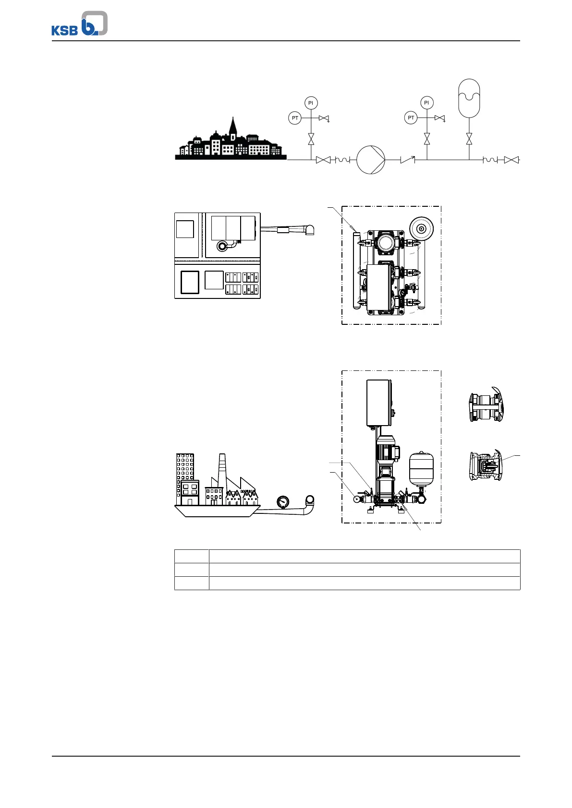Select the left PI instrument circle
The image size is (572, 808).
[311, 103]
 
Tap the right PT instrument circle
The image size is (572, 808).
[411, 118]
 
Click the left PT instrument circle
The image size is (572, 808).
[295, 118]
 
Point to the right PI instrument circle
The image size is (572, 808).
[426, 103]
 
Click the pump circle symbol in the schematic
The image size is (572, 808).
[371, 160]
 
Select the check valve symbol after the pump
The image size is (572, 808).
[407, 160]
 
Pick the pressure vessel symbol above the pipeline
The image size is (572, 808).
[469, 98]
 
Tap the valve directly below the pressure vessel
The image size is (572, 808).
[469, 139]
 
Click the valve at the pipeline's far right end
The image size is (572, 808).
[511, 160]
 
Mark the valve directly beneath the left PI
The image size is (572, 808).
[311, 139]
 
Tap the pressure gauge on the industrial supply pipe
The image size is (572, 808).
[283, 502]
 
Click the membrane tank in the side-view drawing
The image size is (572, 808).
[421, 468]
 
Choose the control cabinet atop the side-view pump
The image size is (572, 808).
[379, 403]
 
